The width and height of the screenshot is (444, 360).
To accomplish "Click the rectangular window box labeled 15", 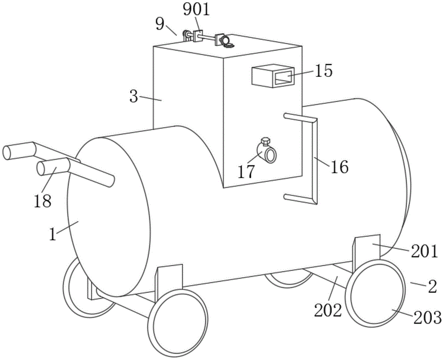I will point(272,76).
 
